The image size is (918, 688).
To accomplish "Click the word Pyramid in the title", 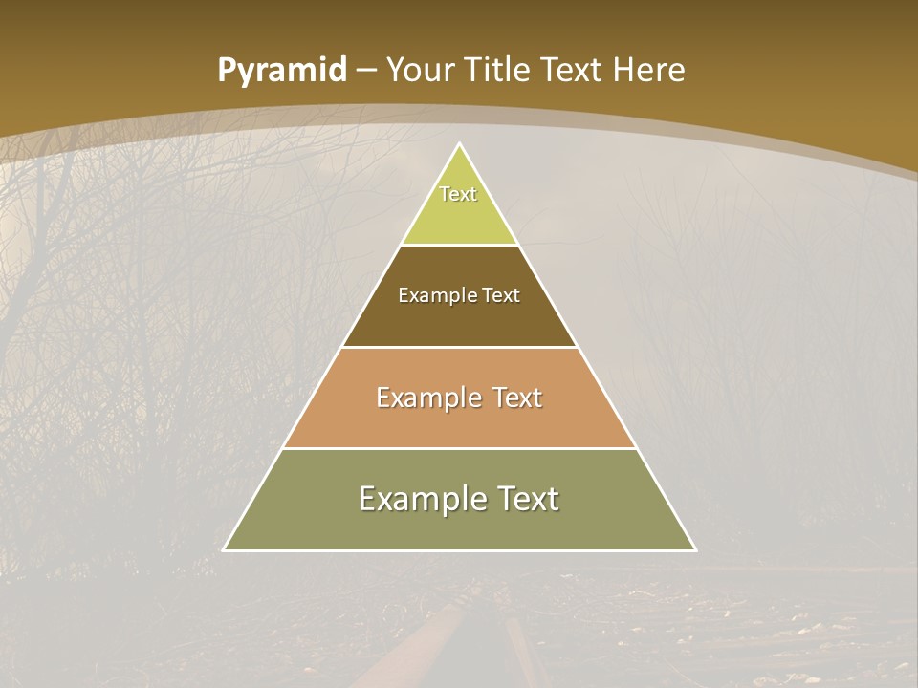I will point(282,71).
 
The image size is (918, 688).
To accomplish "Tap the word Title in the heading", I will point(498,71).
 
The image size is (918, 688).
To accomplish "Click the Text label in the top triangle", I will point(458,194).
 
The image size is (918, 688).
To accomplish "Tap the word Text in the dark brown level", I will point(502,296).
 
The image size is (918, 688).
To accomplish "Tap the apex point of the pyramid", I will point(460,144).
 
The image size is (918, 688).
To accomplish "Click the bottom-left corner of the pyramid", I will point(225,549).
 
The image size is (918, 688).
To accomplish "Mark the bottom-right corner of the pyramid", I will point(695,549).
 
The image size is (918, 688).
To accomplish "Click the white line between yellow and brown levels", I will point(460,246).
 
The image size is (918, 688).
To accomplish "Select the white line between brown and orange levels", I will point(460,347).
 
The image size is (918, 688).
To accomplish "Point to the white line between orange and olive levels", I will point(460,448).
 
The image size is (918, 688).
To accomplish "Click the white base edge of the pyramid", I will point(460,550).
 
